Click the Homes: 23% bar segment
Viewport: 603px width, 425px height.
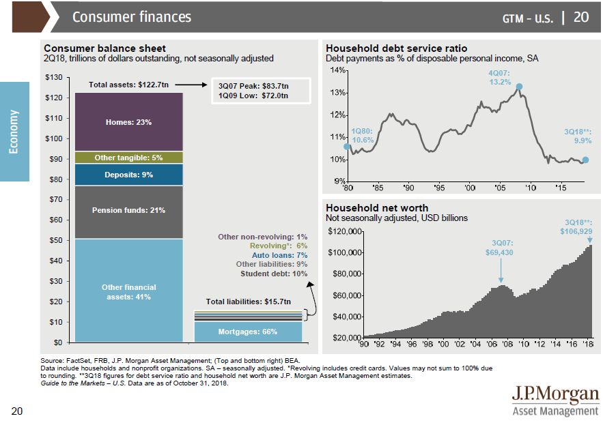[129, 122]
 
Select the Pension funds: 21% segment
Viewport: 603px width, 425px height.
[129, 210]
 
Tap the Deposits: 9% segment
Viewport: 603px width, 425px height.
[129, 175]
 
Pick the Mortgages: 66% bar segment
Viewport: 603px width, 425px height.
[247, 332]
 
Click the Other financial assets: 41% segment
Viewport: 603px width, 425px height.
[129, 292]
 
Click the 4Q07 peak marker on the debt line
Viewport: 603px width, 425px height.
[519, 87]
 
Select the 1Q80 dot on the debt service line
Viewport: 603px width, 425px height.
[347, 146]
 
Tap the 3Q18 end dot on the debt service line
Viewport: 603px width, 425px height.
[585, 160]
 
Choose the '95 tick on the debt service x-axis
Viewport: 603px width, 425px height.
[439, 187]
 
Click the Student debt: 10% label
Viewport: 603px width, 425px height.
[274, 274]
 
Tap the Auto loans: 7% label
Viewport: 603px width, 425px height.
[280, 254]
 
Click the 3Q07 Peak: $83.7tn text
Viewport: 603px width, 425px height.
[253, 86]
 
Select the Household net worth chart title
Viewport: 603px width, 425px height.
[377, 208]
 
